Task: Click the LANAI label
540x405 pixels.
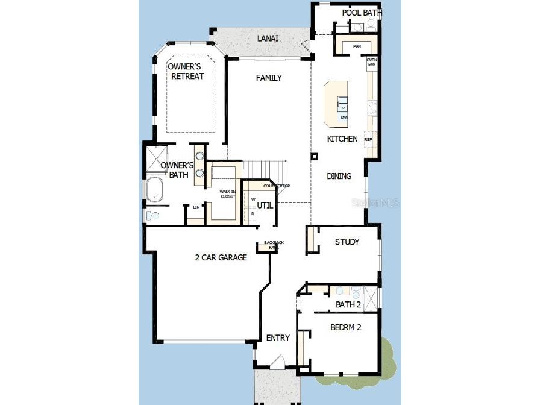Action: pos(268,39)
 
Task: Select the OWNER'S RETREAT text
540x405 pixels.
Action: pos(186,71)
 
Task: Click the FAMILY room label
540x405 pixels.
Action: pos(269,78)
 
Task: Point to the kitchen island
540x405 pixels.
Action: pos(336,104)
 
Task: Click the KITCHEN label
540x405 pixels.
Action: pos(342,139)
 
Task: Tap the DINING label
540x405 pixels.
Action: pos(339,176)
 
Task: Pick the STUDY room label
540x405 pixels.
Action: pos(347,242)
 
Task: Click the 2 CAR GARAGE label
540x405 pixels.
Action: pos(221,257)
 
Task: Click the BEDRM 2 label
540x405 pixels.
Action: pos(346,328)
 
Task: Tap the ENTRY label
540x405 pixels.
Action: pos(278,337)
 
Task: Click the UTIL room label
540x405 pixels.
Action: pos(265,206)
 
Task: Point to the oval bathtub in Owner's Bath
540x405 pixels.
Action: pos(155,189)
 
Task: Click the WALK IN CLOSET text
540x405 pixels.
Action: pos(227,195)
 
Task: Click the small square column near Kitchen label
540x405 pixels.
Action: pos(314,157)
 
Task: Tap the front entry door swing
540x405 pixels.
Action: pos(277,362)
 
